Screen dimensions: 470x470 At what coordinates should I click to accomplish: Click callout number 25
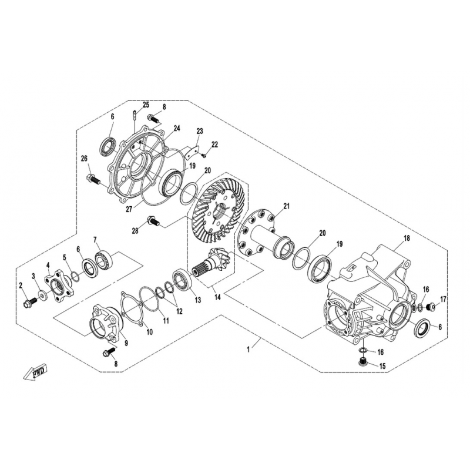pyautogui.click(x=146, y=105)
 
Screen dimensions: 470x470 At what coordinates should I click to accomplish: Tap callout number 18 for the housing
pyautogui.click(x=407, y=239)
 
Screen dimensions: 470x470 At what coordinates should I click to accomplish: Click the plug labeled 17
pyautogui.click(x=431, y=306)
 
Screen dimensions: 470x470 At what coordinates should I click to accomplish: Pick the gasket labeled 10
pyautogui.click(x=132, y=310)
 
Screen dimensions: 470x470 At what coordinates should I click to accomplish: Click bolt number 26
pyautogui.click(x=94, y=179)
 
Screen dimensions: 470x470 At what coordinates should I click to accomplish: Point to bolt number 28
pyautogui.click(x=153, y=221)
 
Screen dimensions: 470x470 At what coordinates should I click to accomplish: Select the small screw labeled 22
pyautogui.click(x=204, y=156)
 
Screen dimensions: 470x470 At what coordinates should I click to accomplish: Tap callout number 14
pyautogui.click(x=217, y=297)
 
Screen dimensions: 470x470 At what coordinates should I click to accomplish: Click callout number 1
pyautogui.click(x=248, y=350)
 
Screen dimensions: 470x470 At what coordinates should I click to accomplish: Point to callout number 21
pyautogui.click(x=287, y=206)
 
